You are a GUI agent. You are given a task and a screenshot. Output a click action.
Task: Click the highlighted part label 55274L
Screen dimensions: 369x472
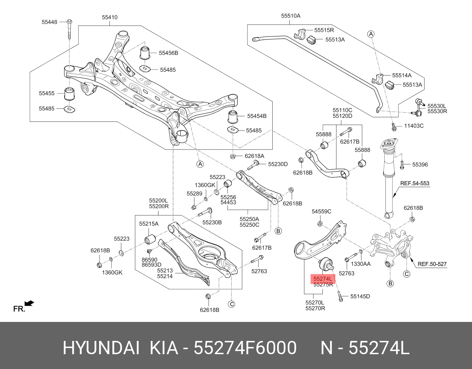[x=323, y=279]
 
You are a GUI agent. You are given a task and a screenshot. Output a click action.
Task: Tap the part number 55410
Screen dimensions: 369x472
[x=109, y=17]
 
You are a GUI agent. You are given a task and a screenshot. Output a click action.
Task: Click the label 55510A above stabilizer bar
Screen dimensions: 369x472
[x=290, y=16]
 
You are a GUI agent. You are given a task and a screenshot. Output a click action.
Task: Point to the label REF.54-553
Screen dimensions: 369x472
[x=415, y=183]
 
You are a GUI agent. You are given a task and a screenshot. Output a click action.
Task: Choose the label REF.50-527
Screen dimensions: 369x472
[x=432, y=263]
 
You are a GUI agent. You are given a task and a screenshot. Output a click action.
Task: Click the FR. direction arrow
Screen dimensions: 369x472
[x=29, y=303]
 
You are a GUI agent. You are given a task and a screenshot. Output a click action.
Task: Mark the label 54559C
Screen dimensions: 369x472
[x=321, y=211]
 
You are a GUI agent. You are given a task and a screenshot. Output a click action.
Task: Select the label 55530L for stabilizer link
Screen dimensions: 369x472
[x=437, y=106]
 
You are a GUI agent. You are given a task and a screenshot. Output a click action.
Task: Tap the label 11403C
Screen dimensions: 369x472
[x=414, y=126]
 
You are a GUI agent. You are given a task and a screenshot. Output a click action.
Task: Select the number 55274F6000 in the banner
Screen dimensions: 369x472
[x=245, y=348]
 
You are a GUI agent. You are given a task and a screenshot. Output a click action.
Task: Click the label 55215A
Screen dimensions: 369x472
[x=148, y=224]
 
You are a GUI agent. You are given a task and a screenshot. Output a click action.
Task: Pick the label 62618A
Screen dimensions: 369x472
[x=254, y=156]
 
